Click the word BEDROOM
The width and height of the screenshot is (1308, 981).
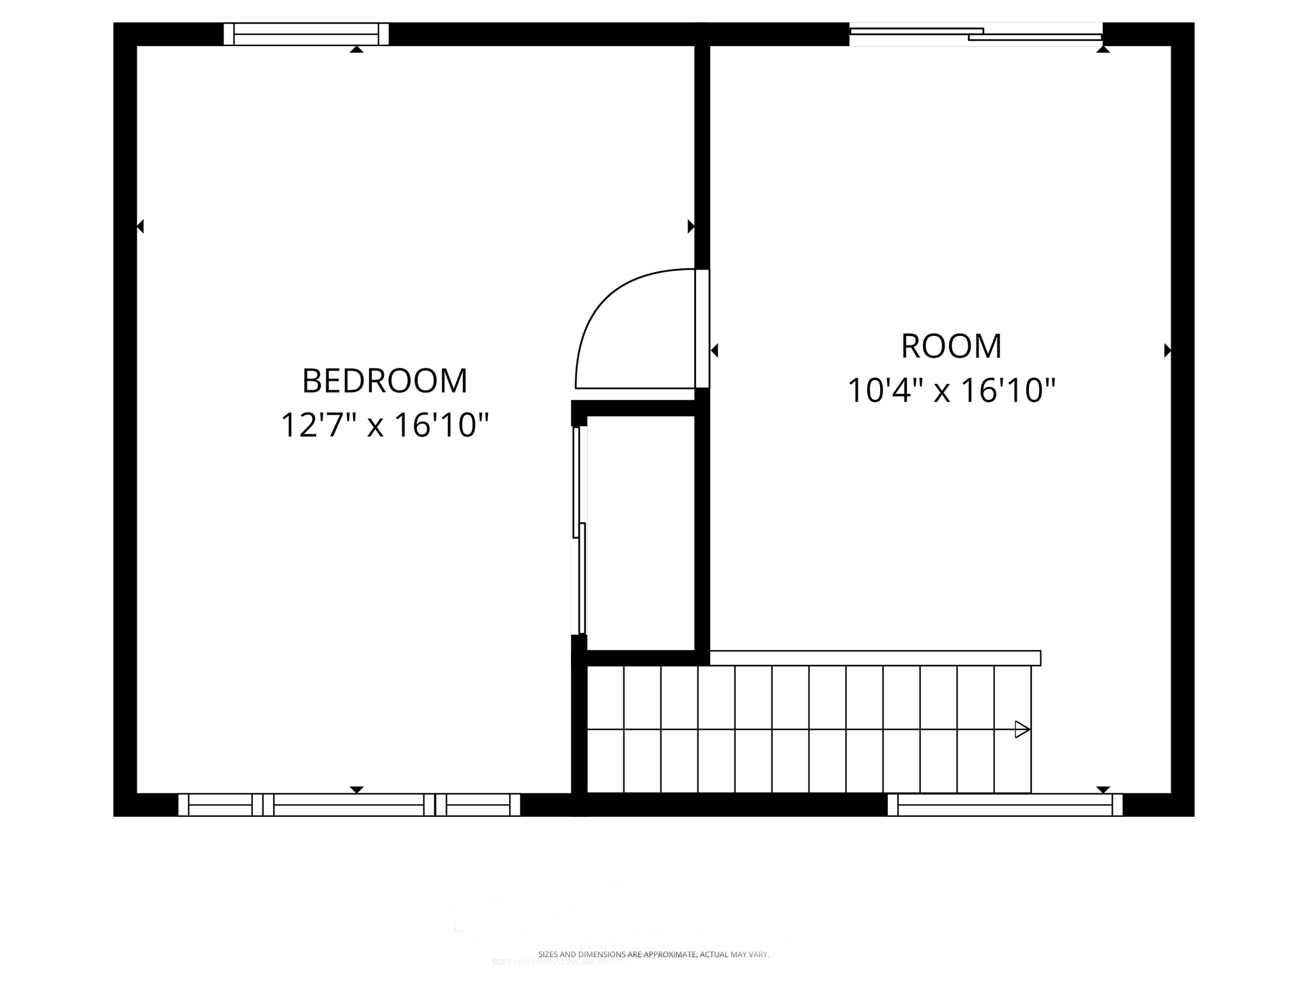pos(384,381)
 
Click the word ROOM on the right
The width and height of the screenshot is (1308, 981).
pos(951,346)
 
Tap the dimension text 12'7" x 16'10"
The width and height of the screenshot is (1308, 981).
pos(384,425)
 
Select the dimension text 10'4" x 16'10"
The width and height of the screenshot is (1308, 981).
pos(951,390)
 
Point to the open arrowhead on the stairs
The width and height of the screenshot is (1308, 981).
pos(1022,729)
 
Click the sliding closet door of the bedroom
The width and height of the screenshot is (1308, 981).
pos(580,530)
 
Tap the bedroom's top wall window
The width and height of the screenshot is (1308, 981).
pos(306,34)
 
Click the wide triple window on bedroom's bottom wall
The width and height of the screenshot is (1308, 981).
pos(349,805)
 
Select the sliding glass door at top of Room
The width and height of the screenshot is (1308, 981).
pos(975,34)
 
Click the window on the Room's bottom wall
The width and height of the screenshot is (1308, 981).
pos(1005,805)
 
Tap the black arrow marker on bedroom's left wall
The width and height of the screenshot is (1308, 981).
pos(141,226)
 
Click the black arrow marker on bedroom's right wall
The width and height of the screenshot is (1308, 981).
pos(690,226)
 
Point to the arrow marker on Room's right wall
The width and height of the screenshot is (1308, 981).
pos(1167,350)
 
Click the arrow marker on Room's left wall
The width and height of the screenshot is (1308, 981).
pos(715,350)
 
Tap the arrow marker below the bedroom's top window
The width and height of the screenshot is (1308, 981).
pos(356,49)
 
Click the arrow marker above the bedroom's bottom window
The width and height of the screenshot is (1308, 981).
pos(356,790)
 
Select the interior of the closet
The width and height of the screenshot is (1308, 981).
pos(640,533)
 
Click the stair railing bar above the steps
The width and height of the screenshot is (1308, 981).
pos(875,658)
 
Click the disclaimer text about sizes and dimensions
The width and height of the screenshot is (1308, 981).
pos(653,954)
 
